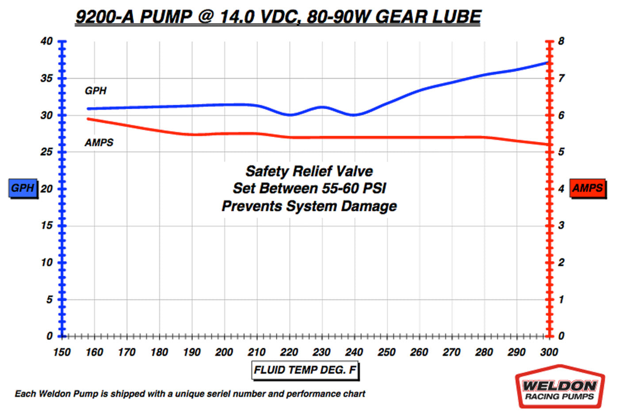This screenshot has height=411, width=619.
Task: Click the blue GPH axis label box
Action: click(x=23, y=188)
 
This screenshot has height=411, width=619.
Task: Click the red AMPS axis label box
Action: click(x=587, y=188)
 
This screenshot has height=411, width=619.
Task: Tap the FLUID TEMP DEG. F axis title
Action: click(x=305, y=370)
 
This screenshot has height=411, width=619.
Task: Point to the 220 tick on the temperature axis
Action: click(x=289, y=352)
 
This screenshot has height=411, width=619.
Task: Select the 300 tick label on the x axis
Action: click(x=549, y=352)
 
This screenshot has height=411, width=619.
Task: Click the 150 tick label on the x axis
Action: click(x=61, y=352)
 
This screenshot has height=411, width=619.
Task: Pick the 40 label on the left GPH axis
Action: click(x=46, y=42)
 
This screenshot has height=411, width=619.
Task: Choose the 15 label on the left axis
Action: click(x=46, y=226)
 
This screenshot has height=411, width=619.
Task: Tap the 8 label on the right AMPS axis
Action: click(x=561, y=42)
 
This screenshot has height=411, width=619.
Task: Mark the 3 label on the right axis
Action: click(x=561, y=226)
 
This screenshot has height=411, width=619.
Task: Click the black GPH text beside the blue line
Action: click(x=96, y=91)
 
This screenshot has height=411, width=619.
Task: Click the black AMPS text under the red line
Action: click(x=99, y=143)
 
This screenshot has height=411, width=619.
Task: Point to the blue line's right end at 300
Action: click(x=548, y=63)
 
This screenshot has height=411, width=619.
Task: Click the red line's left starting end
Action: click(x=88, y=119)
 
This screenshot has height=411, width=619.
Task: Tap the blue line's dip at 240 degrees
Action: click(x=353, y=115)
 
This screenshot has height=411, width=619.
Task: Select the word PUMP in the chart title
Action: click(x=166, y=17)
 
